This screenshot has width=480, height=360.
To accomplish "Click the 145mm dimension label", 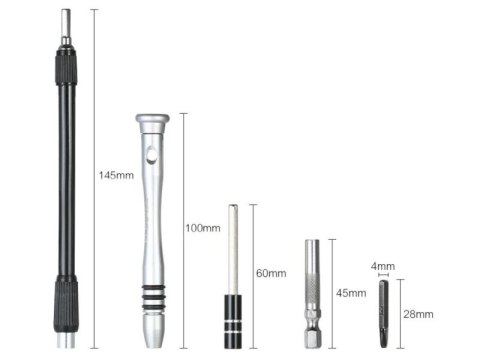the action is point(116,175).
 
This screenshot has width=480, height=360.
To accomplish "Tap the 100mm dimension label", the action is point(203,228).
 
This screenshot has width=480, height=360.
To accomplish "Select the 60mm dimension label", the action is point(271,273).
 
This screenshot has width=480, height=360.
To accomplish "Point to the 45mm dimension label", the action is point(351,293).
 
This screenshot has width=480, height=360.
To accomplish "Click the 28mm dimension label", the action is point(418,314).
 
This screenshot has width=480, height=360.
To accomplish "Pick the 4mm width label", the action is point(383,266).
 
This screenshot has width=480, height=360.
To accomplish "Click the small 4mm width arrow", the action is point(384,275).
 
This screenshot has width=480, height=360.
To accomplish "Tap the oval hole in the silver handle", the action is point(152,155).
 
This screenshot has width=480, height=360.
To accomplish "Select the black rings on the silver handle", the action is point(153,297).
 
